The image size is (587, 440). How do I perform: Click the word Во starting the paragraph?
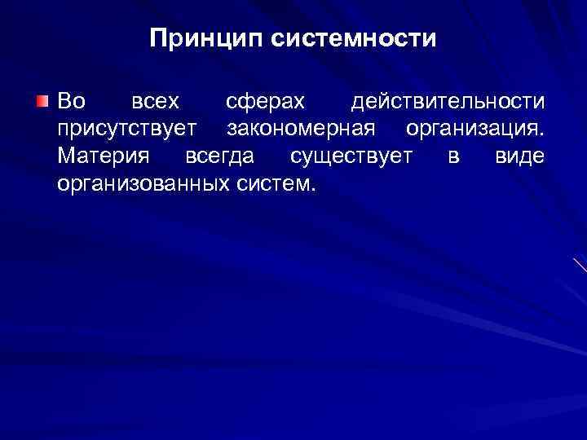(x=70, y=102)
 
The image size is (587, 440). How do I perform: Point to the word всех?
(x=156, y=102)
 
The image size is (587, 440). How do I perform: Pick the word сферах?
(x=266, y=102)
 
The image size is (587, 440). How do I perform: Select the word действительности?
(x=447, y=102)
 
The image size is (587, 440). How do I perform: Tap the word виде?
(x=519, y=156)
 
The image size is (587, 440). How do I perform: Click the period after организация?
(x=541, y=134)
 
